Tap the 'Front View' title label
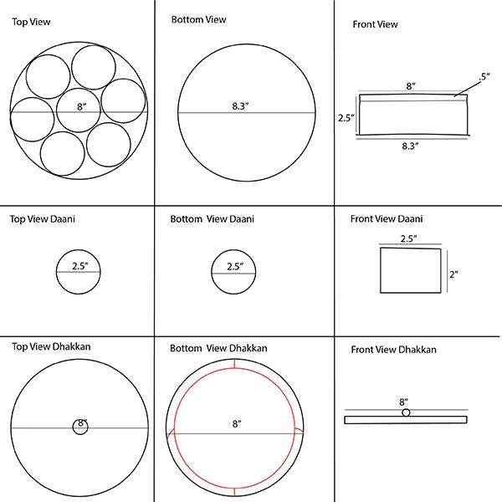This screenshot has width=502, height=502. click(x=374, y=25)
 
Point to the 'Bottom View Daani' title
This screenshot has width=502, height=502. click(x=213, y=219)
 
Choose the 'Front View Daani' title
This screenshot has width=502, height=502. click(x=387, y=219)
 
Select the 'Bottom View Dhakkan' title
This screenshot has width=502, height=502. click(x=218, y=346)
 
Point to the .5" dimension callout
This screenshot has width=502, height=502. click(x=484, y=78)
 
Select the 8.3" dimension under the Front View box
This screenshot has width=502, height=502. click(x=409, y=145)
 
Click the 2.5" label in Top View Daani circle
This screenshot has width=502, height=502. click(x=79, y=266)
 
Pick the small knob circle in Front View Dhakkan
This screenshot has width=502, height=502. click(x=406, y=412)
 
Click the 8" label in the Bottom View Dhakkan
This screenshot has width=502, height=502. click(x=237, y=425)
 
